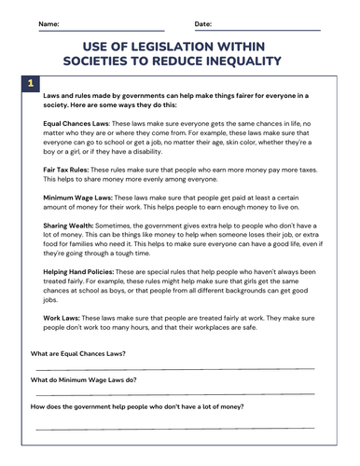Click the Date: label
click(202, 22)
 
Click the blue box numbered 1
click(31, 84)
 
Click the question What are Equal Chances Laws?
click(78, 354)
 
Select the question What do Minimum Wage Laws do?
click(84, 380)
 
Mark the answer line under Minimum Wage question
click(177, 395)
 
